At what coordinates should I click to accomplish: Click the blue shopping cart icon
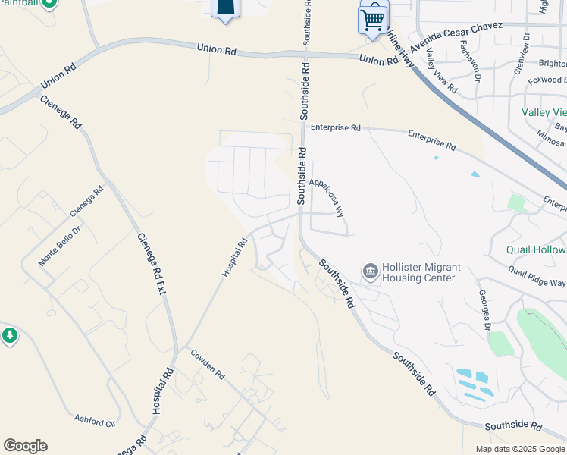(x=371, y=20)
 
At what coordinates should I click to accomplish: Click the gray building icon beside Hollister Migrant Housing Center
(x=370, y=270)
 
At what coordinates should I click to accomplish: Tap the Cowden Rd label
(x=208, y=365)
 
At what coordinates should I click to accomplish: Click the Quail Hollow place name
(x=537, y=250)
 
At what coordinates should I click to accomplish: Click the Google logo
(x=25, y=446)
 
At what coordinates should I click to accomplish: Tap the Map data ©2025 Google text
(x=520, y=449)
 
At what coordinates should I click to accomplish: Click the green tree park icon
(x=9, y=335)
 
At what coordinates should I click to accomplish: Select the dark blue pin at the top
(x=224, y=8)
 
